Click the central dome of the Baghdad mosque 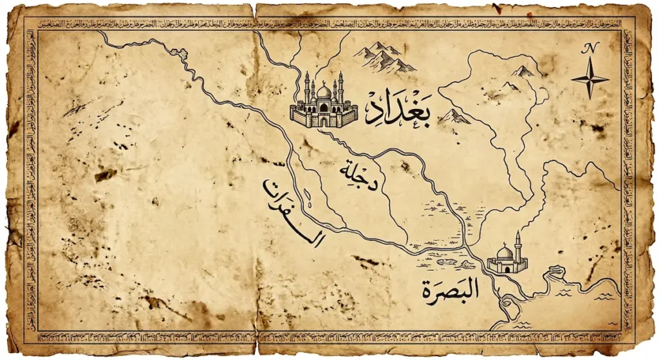pyautogui.click(x=324, y=91)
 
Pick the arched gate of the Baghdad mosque pyautogui.click(x=324, y=120)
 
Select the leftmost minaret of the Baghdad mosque pyautogui.click(x=306, y=87)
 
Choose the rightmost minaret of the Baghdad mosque pyautogui.click(x=340, y=87)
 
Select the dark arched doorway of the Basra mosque pyautogui.click(x=507, y=269)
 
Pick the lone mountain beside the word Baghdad pyautogui.click(x=454, y=117)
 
